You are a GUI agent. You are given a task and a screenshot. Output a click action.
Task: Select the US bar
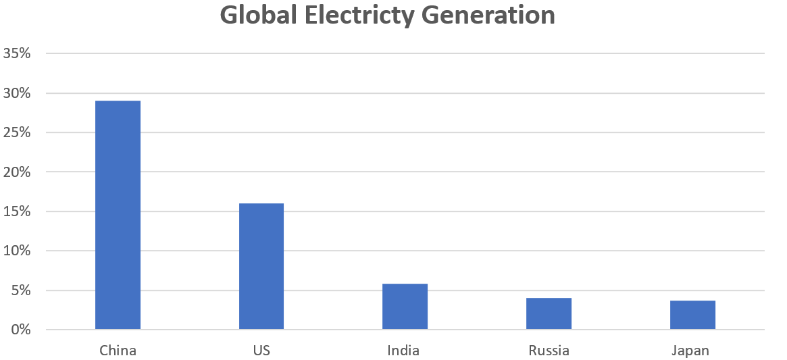tap(261, 266)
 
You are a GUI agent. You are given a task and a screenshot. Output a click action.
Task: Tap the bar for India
tap(405, 307)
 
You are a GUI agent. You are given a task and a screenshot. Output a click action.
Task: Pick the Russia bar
tap(549, 313)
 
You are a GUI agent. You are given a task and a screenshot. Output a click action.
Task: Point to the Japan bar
tap(692, 315)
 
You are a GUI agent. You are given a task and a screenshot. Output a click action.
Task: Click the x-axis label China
tap(118, 351)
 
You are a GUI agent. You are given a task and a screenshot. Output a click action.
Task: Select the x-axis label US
tap(261, 351)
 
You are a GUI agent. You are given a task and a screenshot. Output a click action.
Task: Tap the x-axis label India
tap(403, 351)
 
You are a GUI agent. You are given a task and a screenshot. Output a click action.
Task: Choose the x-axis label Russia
tap(549, 351)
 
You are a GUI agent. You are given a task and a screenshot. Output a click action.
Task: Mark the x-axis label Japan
tap(690, 351)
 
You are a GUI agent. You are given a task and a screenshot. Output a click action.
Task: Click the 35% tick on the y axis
tap(17, 53)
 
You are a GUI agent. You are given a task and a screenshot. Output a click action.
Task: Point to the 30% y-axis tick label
tap(17, 93)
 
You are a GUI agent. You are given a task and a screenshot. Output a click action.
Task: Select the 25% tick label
tap(17, 132)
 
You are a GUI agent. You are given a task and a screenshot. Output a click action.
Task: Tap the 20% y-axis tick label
tap(17, 172)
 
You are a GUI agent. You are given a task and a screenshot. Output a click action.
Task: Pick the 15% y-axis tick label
tap(17, 211)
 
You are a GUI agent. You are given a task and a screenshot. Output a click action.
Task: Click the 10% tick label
tap(17, 251)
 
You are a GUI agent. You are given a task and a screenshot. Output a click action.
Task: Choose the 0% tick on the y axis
tap(21, 330)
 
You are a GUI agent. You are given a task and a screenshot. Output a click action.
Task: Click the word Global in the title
tap(259, 15)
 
